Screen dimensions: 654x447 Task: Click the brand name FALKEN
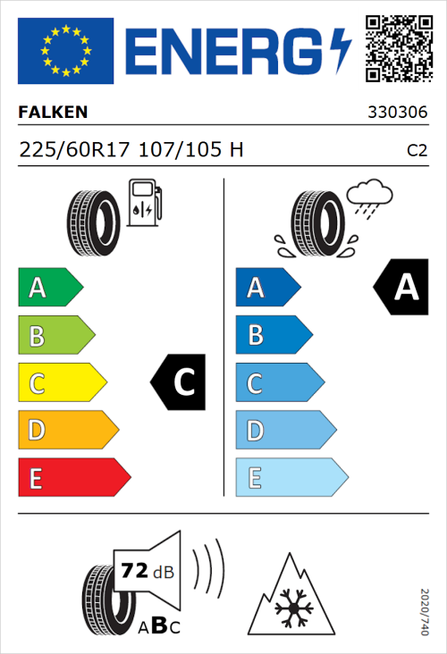(x=54, y=113)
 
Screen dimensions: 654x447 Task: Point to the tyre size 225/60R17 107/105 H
(x=131, y=150)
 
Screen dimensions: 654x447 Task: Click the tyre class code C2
(x=417, y=151)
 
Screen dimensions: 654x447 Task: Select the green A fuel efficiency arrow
(x=49, y=288)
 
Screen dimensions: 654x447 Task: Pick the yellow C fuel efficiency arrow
(x=61, y=383)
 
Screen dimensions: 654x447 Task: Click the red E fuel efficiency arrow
(x=73, y=478)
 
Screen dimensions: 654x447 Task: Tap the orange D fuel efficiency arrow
(x=67, y=431)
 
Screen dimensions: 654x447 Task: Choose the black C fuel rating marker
(x=180, y=382)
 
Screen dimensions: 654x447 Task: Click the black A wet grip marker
(x=401, y=288)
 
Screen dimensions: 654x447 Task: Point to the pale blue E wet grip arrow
(x=291, y=478)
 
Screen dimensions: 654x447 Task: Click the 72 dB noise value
(x=137, y=569)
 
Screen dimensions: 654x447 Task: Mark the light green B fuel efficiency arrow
(x=55, y=336)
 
